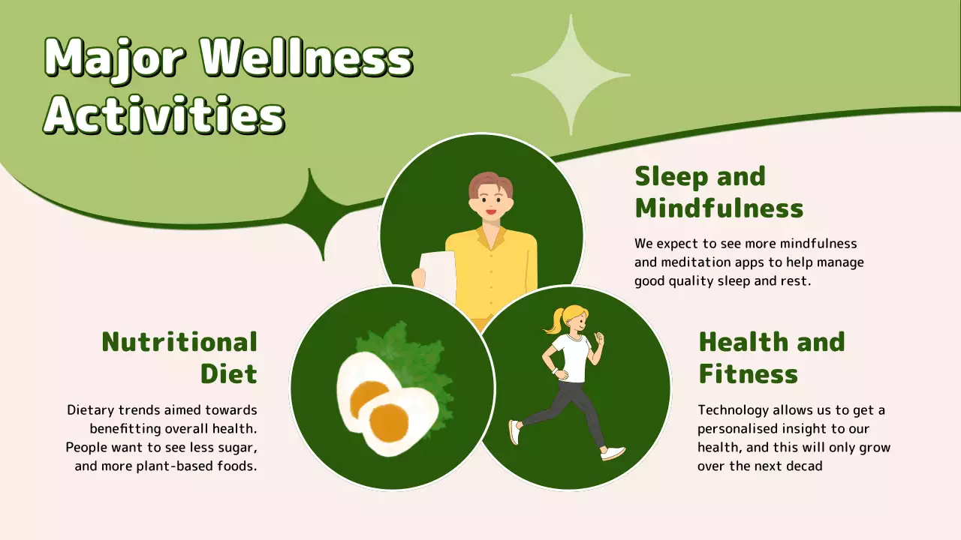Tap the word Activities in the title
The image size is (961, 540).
(164, 115)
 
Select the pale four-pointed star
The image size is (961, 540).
(571, 75)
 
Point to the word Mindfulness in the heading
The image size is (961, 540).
(718, 208)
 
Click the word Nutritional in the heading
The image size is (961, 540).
(179, 342)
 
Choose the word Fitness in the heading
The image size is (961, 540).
(748, 373)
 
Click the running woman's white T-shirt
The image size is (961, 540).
(572, 356)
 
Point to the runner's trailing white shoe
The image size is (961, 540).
(514, 432)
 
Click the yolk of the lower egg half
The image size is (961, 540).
(389, 422)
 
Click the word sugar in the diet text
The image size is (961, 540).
(239, 448)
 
